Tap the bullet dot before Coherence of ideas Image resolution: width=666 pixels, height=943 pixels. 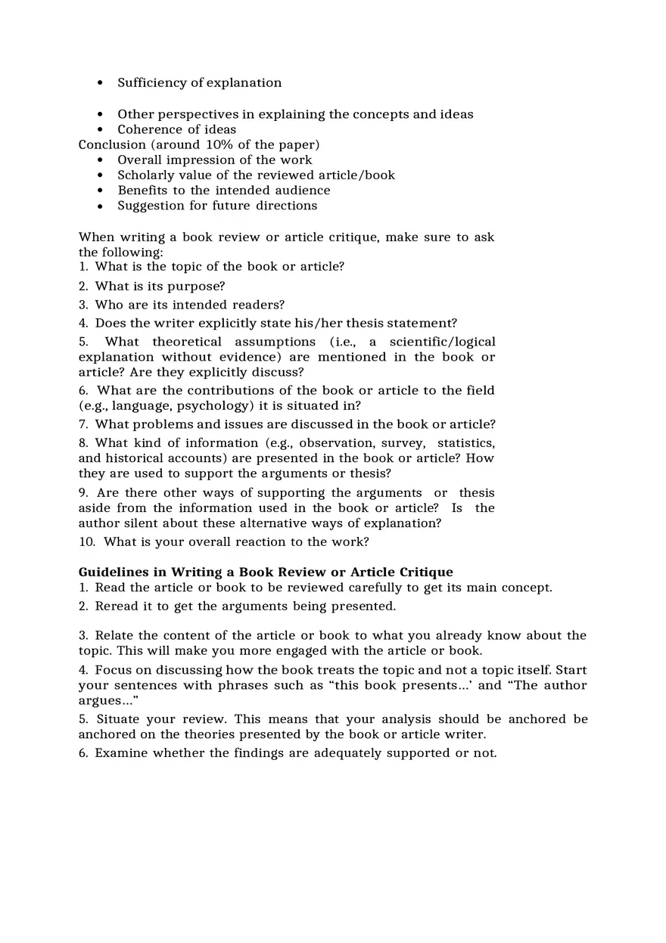(100, 130)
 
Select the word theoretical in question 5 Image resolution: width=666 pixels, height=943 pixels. (187, 342)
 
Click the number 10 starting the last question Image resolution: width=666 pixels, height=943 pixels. (86, 542)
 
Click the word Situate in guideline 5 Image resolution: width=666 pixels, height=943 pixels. (117, 719)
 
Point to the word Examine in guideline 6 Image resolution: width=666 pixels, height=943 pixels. (121, 753)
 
